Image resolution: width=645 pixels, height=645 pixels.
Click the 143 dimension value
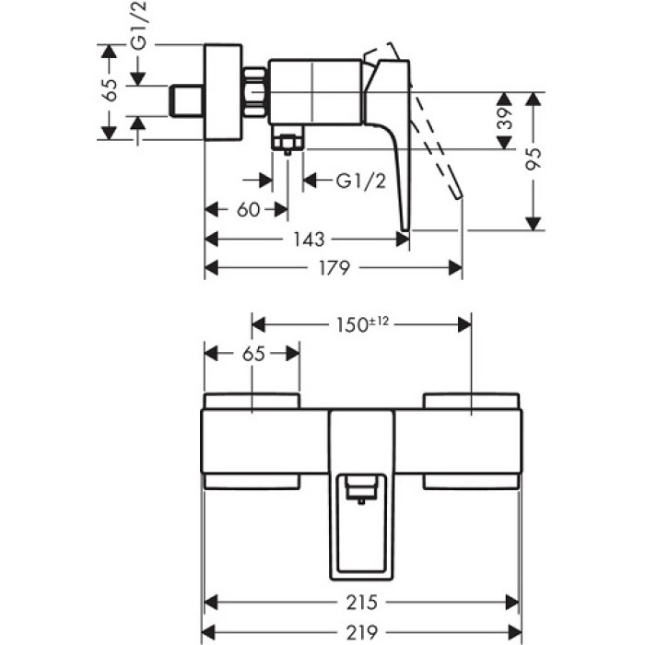click(310, 240)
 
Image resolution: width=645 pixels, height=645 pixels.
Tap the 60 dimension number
click(247, 209)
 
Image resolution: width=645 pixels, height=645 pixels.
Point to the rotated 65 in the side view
click(110, 90)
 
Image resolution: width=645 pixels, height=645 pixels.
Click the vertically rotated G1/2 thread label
click(139, 28)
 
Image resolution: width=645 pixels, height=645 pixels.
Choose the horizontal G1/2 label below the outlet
click(360, 181)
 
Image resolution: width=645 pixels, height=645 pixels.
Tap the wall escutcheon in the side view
click(221, 92)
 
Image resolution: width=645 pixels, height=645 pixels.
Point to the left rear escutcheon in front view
click(252, 400)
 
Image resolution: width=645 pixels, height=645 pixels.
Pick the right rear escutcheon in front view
click(471, 400)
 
